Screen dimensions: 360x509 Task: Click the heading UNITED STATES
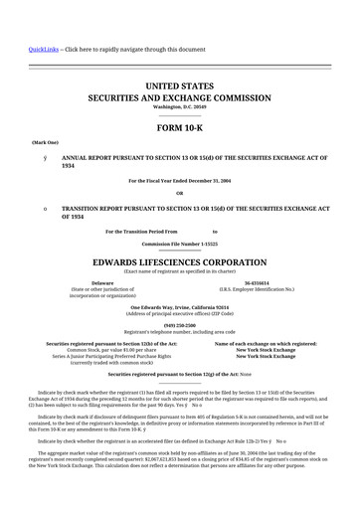180,87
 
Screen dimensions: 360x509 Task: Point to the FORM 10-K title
180,128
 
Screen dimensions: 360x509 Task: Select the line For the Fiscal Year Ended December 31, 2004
180,180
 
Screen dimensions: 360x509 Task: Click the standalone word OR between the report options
180,193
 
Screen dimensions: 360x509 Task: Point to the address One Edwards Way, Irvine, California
180,307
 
